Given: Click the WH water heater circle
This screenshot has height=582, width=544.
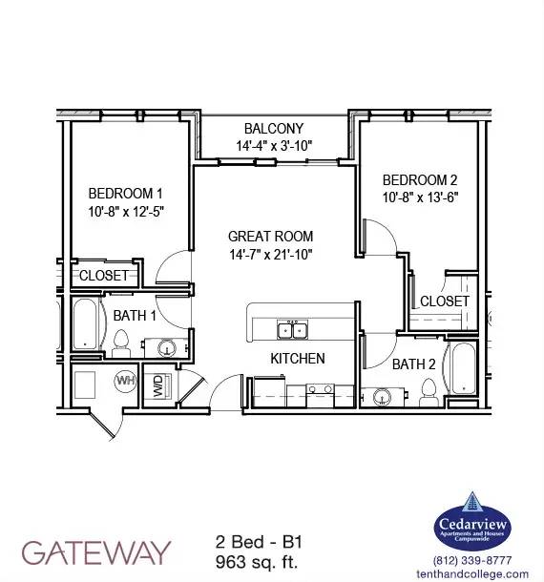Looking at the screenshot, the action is tap(125, 381).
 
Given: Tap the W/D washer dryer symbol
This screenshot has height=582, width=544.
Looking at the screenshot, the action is tap(157, 385).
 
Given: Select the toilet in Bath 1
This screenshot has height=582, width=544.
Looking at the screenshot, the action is tap(120, 343).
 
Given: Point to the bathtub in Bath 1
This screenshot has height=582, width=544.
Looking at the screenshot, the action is tap(85, 324).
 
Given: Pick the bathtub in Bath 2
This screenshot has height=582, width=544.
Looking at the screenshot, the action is tap(463, 368).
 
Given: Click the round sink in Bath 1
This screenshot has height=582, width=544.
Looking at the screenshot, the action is tap(167, 348).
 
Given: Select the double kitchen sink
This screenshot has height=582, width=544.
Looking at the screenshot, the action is tap(292, 330).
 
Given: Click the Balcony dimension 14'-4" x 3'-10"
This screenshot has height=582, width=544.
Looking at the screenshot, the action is tap(274, 146).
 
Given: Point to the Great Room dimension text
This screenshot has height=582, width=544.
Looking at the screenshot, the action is tap(271, 255).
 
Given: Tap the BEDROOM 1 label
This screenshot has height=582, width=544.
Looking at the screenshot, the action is tap(126, 194).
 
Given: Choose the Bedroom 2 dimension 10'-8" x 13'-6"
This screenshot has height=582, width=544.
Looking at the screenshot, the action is tap(420, 197).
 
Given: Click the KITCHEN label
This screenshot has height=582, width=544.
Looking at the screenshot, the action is tap(298, 359).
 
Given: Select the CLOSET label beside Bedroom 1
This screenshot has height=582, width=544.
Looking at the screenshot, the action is tap(104, 276).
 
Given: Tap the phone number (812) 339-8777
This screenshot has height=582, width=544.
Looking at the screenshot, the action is tap(472, 560).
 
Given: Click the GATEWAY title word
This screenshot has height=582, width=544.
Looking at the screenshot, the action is tap(96, 552).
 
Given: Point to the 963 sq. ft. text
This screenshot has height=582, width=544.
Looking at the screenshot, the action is tap(257, 562).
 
